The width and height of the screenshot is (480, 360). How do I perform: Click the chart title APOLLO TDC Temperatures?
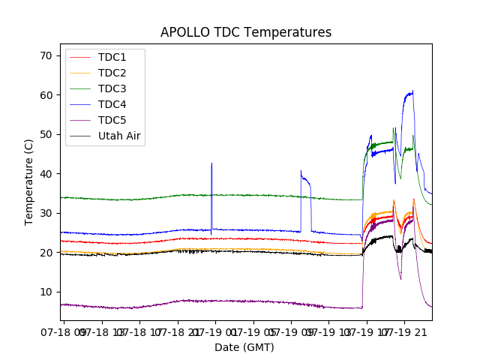tap(246, 32)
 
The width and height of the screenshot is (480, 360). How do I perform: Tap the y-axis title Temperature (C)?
tap(29, 181)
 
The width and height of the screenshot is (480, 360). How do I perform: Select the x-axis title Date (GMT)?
tap(244, 347)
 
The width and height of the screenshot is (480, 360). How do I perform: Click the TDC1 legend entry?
tap(112, 57)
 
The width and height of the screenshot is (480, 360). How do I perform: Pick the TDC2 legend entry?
tap(112, 73)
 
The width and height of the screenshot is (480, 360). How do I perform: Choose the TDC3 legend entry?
tap(112, 88)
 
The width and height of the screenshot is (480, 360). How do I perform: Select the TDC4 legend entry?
tap(112, 104)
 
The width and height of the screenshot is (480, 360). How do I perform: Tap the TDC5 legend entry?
tap(112, 120)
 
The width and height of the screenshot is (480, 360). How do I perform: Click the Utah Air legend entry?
tap(119, 136)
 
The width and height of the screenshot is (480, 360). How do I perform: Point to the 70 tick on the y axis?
tap(46, 55)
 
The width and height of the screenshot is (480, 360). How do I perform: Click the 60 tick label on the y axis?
tap(46, 95)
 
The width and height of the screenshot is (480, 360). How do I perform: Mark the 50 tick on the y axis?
tap(46, 134)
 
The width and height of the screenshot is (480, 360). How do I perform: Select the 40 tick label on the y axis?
tap(46, 174)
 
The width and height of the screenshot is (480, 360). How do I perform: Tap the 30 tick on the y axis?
tap(46, 213)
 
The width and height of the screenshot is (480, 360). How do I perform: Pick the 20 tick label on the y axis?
tap(46, 253)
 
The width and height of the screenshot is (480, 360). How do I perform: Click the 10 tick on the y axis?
tap(46, 292)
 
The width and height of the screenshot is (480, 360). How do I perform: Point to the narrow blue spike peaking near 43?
tap(211, 163)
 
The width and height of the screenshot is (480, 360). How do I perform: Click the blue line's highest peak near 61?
tap(412, 91)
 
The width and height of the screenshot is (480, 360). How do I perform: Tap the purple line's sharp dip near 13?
tap(400, 279)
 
